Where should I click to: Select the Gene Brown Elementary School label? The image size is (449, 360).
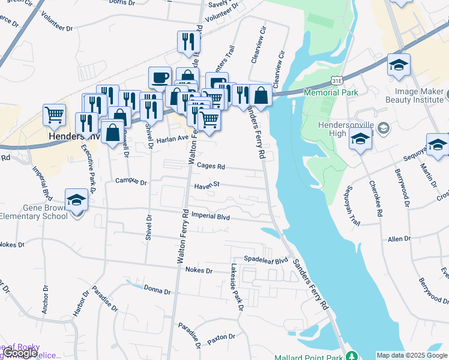click(32, 211)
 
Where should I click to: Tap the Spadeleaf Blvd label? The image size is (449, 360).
click(262, 259)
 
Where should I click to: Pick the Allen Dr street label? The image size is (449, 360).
click(399, 239)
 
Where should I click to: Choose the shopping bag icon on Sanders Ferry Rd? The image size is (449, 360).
click(261, 94)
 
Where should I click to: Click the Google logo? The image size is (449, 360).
click(20, 353)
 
